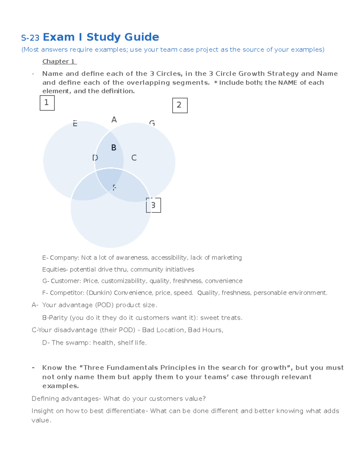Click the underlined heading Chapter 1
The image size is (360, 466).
[x=59, y=62]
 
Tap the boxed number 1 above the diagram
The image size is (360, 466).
[x=47, y=103]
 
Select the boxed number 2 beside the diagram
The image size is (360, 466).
[x=180, y=105]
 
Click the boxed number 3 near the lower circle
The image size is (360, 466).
[x=153, y=205]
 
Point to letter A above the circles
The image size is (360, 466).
[x=114, y=120]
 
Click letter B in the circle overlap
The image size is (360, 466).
[x=114, y=148]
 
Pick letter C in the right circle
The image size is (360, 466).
[x=134, y=158]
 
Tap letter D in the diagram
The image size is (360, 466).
[x=95, y=158]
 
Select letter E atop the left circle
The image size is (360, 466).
[x=75, y=124]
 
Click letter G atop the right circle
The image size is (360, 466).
[x=152, y=123]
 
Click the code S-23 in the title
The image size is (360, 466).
[x=30, y=38]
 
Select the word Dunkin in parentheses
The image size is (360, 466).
[x=100, y=293]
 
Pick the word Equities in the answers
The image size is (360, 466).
[x=54, y=269]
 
